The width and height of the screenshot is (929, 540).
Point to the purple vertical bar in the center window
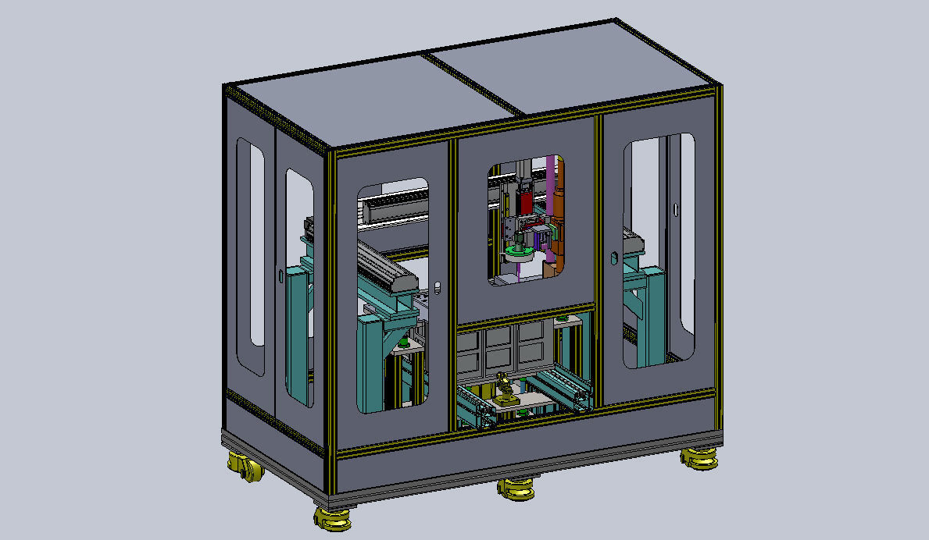pos(553,187)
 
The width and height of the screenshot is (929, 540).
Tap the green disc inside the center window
pos(517,251)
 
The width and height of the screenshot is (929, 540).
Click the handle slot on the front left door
pos(438,288)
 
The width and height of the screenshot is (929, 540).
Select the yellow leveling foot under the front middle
pos(516,488)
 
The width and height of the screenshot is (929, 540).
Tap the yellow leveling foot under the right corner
pos(699,459)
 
